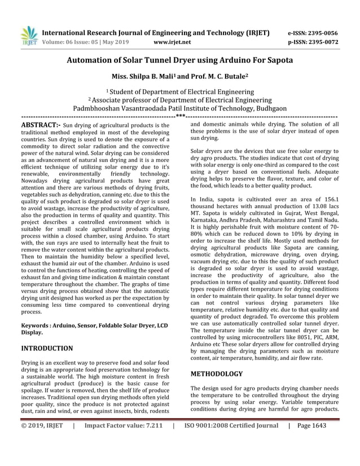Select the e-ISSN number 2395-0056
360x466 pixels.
(322, 33)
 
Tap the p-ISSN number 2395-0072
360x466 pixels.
(322, 42)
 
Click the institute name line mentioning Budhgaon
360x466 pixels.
(179, 109)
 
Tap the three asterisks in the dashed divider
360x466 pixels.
(181, 117)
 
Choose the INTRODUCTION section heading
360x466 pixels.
(47, 348)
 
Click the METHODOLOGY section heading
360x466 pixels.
(217, 373)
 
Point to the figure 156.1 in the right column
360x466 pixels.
(330, 199)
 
